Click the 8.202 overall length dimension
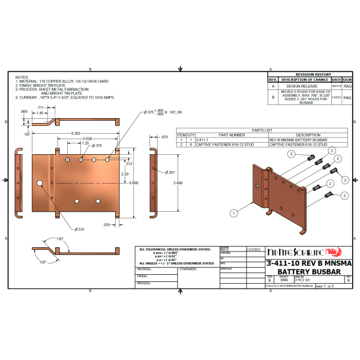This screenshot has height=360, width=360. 76,133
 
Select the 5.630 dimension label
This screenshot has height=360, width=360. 88,139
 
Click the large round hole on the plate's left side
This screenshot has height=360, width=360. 39,182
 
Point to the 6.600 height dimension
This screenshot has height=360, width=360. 134,182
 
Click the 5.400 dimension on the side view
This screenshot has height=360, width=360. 176,182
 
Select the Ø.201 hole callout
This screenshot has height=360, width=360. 170,172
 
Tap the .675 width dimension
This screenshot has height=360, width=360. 164,137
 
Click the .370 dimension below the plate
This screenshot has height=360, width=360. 106,225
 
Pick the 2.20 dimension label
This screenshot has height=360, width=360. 124,174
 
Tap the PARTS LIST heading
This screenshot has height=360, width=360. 262,130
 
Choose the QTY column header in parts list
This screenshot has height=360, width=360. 191,135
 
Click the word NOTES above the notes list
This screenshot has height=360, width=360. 22,77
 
